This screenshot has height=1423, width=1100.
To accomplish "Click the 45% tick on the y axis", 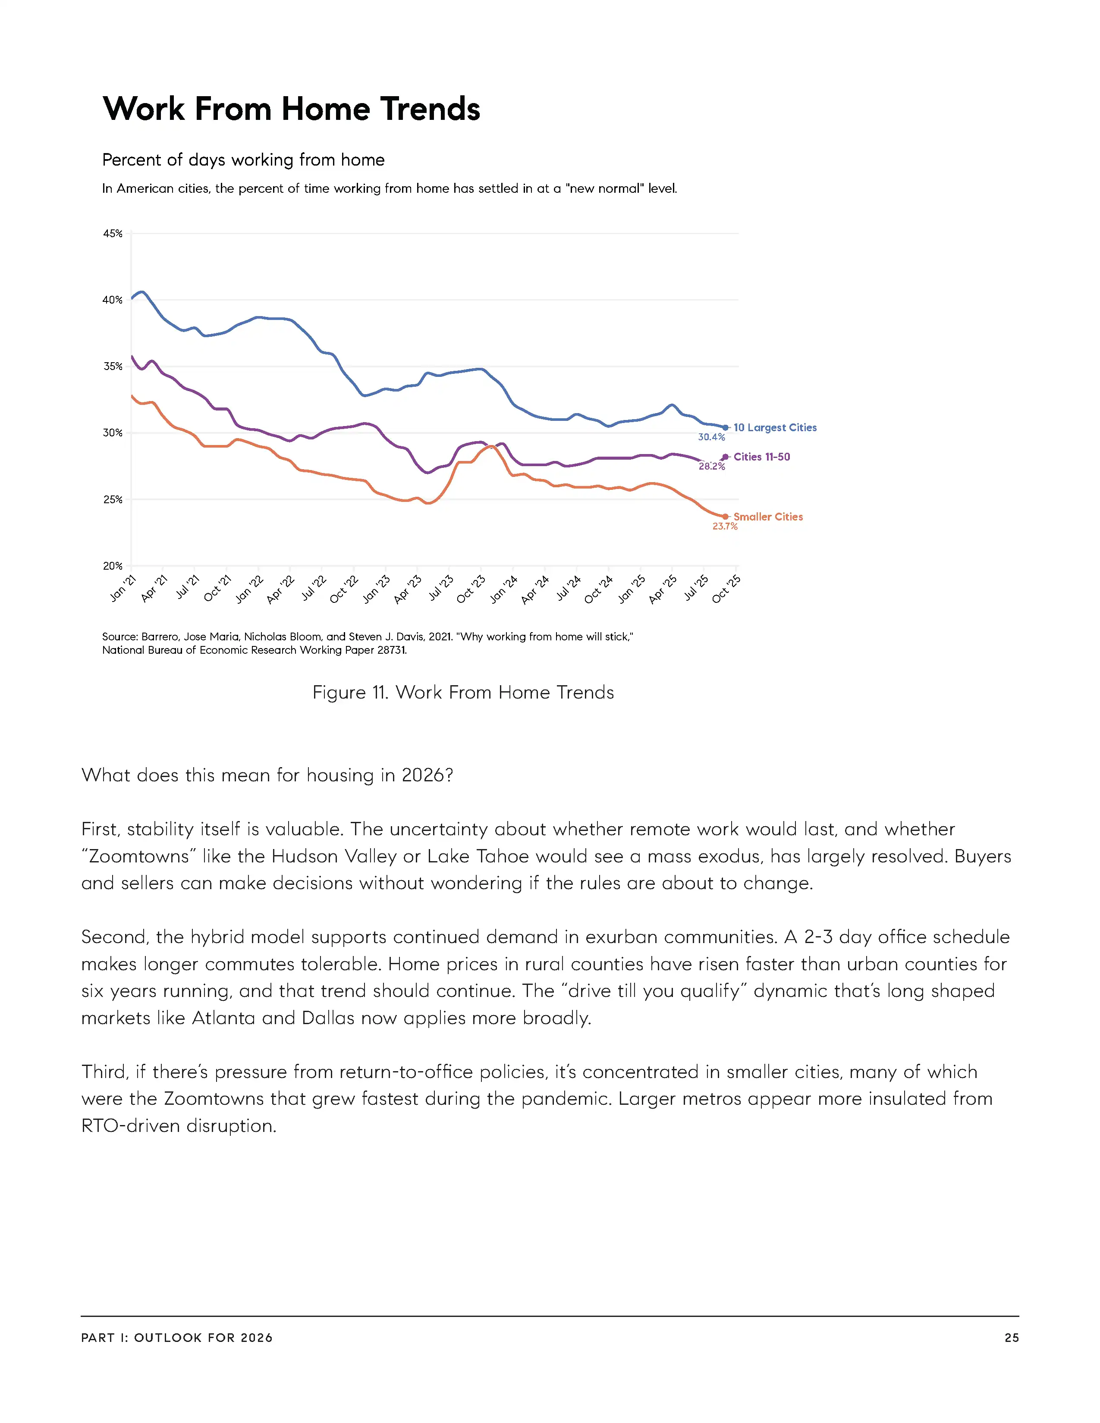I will (x=113, y=233).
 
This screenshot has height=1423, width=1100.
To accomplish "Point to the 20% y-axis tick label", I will (x=113, y=566).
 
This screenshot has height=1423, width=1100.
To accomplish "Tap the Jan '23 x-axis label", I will (x=377, y=589).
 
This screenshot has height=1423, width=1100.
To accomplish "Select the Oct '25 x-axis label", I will (x=726, y=589).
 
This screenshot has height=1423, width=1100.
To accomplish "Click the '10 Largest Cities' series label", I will (x=775, y=427).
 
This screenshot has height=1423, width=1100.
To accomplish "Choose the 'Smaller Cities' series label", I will (x=768, y=517).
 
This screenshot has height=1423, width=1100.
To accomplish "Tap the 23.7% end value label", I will (x=725, y=527).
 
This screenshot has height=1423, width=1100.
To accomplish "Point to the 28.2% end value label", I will (x=712, y=467).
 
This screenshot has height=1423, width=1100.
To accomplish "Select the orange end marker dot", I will (x=725, y=517).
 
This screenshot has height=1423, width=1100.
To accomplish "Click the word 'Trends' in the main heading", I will (x=430, y=109).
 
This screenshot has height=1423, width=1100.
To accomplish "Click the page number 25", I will (x=1012, y=1338).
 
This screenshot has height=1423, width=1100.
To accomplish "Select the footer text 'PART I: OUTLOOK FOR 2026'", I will (x=176, y=1338).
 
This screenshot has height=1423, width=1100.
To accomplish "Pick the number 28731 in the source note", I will (x=390, y=650).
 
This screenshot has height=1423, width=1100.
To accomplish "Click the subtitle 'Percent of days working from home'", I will (x=243, y=160).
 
